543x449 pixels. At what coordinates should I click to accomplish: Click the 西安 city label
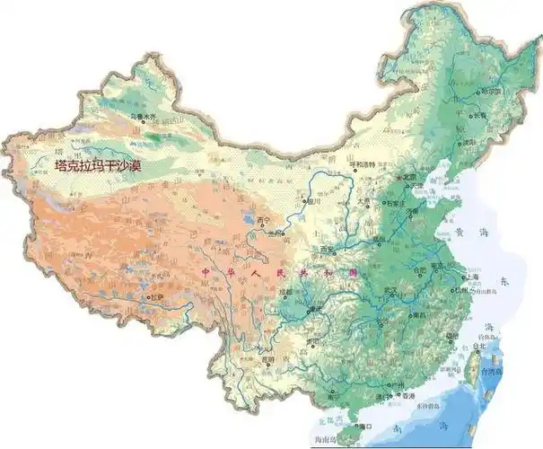click(327, 249)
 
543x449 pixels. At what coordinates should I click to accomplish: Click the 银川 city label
click(313, 202)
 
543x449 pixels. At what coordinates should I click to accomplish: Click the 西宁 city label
click(262, 219)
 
